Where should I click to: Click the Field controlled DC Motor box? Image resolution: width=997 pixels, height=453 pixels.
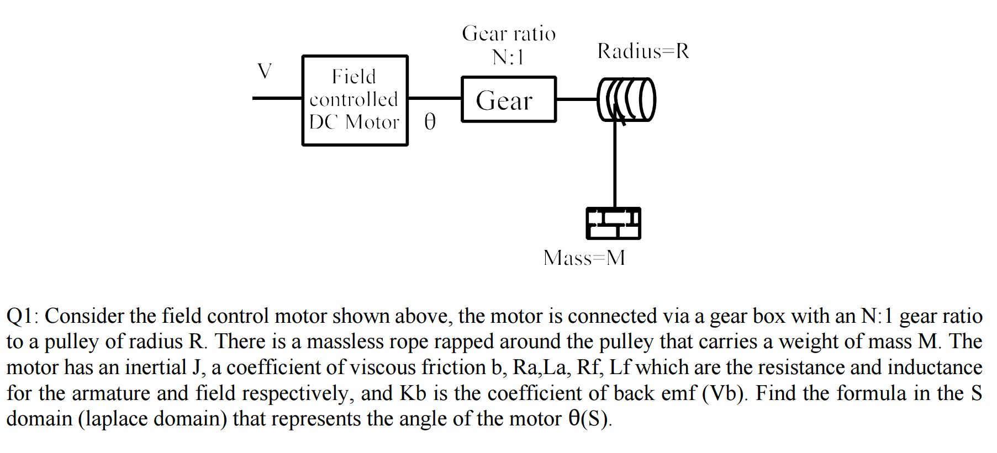(355, 100)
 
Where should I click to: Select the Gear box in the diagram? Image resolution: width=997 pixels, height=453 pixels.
(508, 100)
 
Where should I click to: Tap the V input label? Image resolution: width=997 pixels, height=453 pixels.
(265, 71)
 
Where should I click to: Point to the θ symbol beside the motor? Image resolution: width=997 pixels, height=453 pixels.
(430, 121)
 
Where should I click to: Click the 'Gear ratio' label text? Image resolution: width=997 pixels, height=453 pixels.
(509, 34)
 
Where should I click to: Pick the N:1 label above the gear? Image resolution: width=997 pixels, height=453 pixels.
(508, 57)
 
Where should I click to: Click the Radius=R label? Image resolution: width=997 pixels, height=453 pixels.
(643, 51)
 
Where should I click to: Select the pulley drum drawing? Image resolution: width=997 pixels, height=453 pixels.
(627, 100)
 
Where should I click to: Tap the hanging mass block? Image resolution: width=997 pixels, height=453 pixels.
(613, 223)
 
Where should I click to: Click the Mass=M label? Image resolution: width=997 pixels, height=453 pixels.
(584, 258)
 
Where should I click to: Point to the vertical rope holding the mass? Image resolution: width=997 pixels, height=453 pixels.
(615, 166)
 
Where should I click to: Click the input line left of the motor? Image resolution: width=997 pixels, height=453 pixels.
(277, 98)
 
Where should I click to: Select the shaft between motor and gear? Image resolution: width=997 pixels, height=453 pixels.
(434, 98)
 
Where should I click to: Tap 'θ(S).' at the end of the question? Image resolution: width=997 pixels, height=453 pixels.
(589, 419)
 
